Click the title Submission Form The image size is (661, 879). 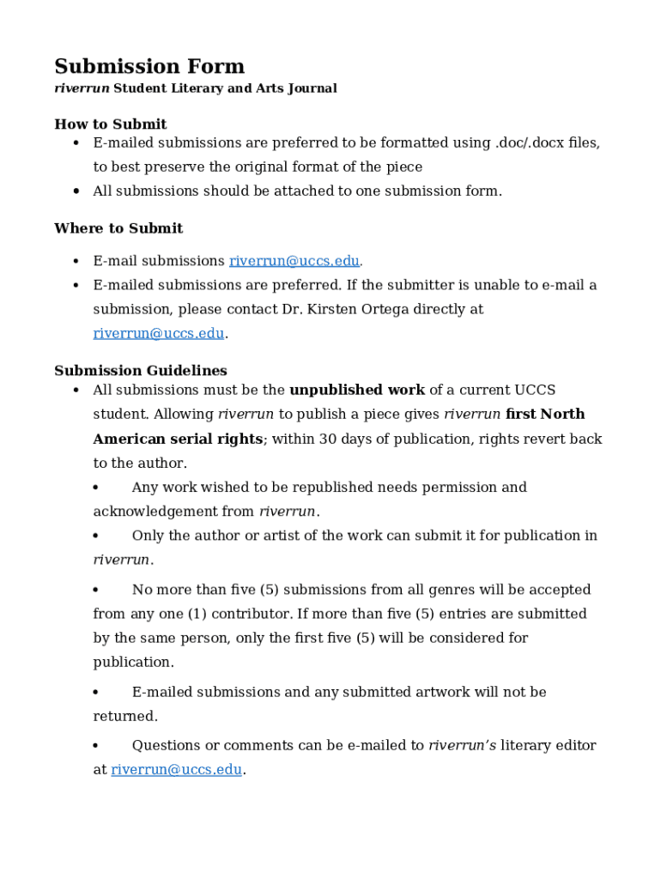coord(149,67)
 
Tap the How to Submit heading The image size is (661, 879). coord(110,124)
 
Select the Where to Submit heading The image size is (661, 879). coord(118,228)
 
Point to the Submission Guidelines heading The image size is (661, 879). coord(140,371)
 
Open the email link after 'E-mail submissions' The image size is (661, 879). coord(294,261)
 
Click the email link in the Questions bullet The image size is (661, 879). coord(176,770)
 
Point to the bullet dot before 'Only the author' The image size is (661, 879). coord(96,536)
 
